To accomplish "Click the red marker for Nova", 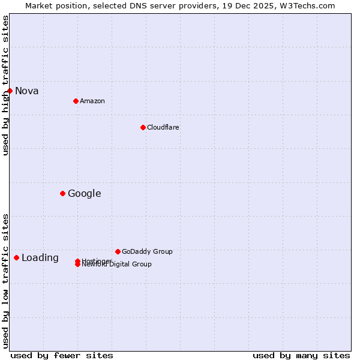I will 10,91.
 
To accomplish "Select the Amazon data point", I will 76,101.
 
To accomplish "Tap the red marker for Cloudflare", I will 143,127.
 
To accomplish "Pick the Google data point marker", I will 62,193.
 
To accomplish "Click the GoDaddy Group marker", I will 118,251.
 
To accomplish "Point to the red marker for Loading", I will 16,257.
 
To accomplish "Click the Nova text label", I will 27,91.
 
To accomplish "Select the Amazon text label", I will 92,101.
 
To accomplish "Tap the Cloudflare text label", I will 163,127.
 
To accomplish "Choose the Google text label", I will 84,193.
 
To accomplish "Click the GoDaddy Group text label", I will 147,251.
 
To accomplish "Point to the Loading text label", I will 40,258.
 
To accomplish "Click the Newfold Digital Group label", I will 117,265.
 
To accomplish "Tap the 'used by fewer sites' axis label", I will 62,355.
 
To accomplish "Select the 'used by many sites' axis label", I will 301,355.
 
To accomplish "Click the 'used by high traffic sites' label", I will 5,85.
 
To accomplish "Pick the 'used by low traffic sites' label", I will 5,280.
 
